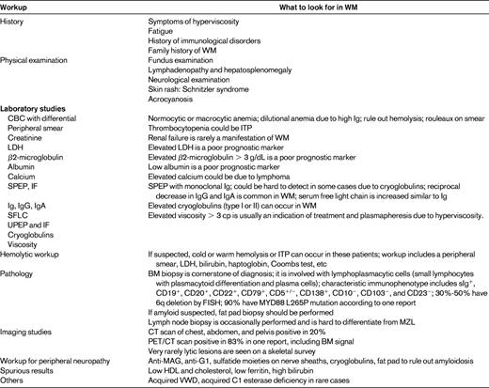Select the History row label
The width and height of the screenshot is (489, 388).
[15, 20]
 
